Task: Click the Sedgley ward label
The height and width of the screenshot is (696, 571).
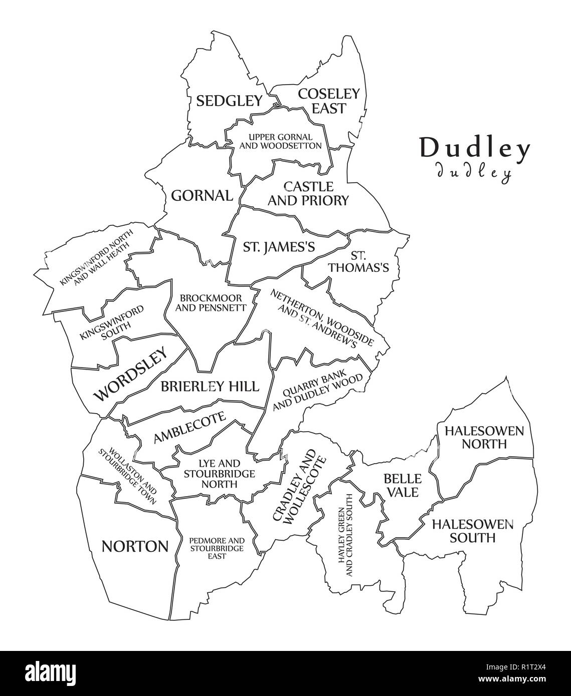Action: [x=229, y=101]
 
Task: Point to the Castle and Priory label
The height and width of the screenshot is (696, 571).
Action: [x=308, y=194]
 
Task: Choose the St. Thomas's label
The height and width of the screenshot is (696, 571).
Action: [x=358, y=261]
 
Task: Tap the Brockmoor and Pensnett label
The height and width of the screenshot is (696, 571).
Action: [x=211, y=302]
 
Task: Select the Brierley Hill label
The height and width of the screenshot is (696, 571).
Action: [x=210, y=386]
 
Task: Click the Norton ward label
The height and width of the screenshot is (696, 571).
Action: [x=134, y=546]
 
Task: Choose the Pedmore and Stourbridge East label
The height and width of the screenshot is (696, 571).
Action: [x=217, y=548]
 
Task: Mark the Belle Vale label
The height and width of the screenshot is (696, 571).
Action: [x=401, y=485]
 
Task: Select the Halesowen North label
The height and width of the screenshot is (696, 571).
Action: [x=484, y=437]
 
